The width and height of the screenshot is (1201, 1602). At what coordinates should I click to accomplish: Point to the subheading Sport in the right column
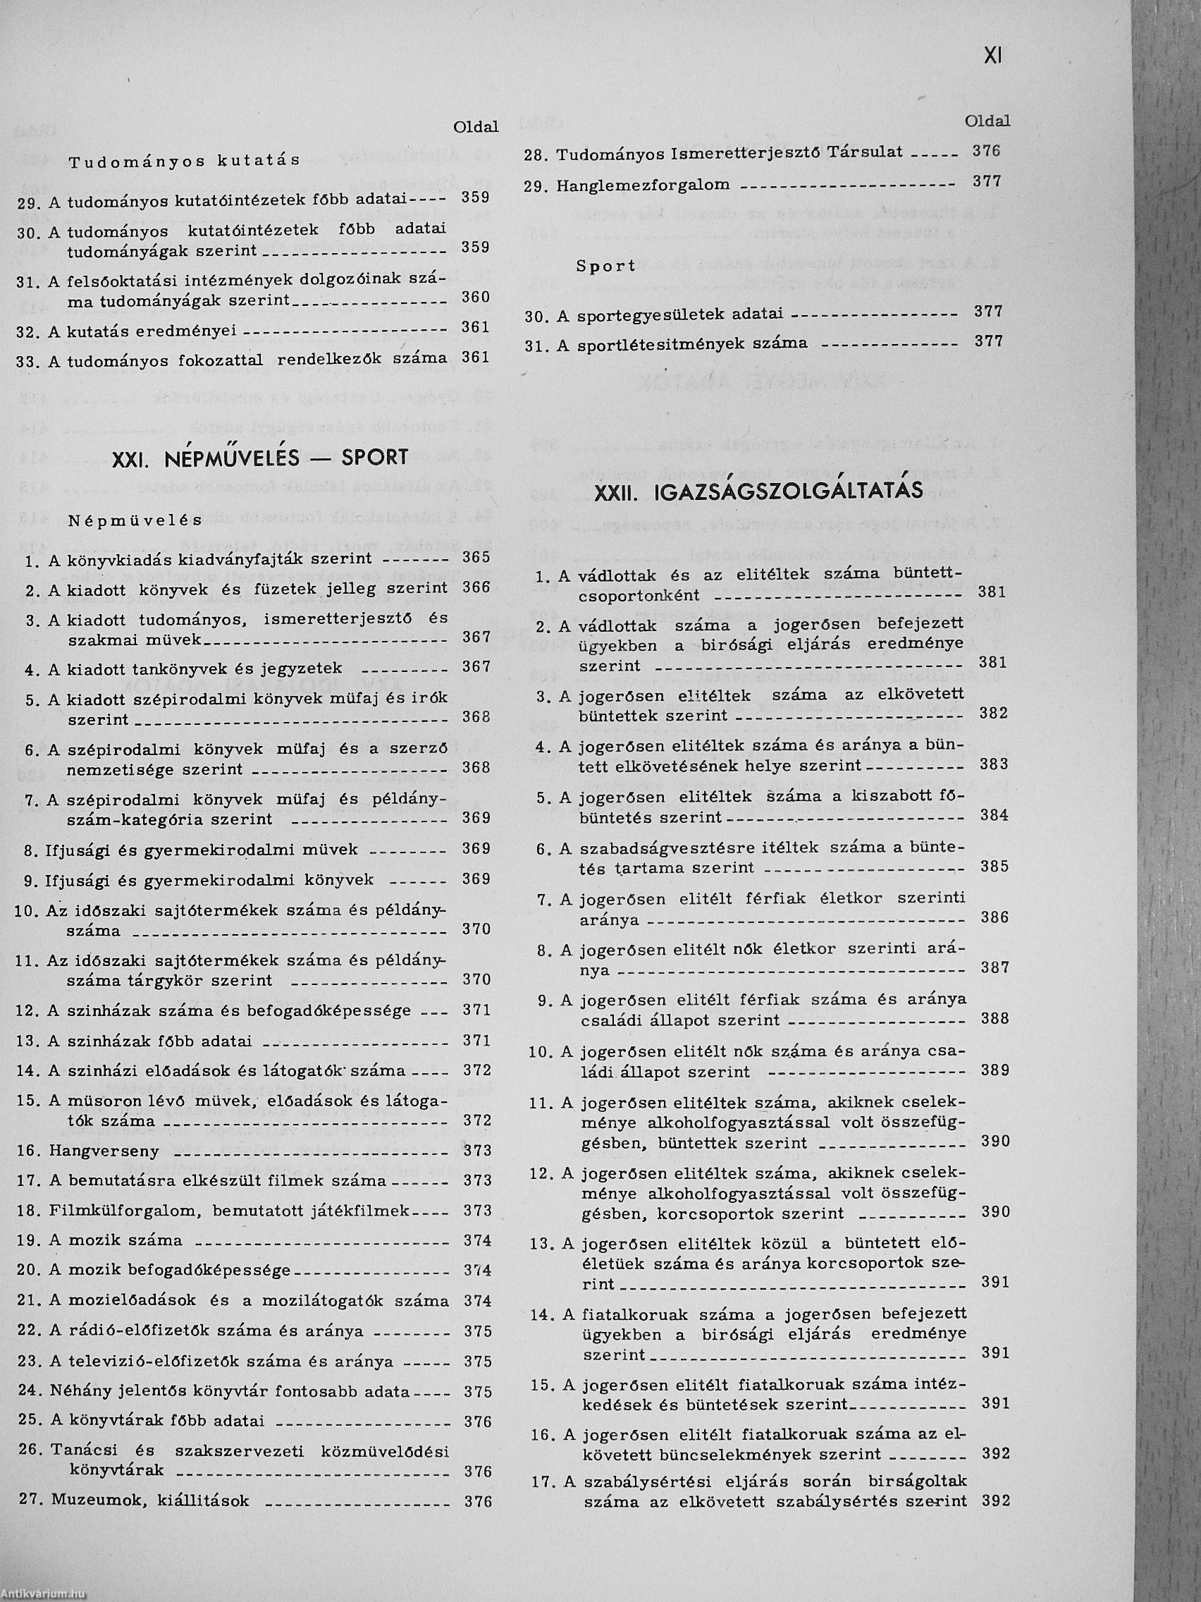(x=606, y=266)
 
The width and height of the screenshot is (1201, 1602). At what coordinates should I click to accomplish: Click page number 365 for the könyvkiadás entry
(x=476, y=558)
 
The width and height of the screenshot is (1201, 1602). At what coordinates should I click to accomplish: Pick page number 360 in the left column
(x=476, y=297)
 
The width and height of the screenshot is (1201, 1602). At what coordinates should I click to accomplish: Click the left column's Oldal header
(x=476, y=127)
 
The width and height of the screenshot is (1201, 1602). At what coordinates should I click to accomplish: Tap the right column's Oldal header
(x=987, y=122)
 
